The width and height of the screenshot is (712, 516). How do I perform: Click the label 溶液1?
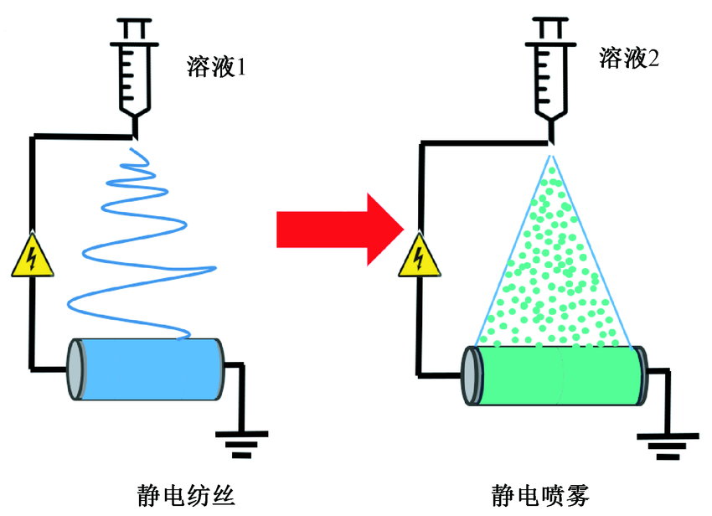(x=216, y=66)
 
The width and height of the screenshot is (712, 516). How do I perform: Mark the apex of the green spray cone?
(x=550, y=157)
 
